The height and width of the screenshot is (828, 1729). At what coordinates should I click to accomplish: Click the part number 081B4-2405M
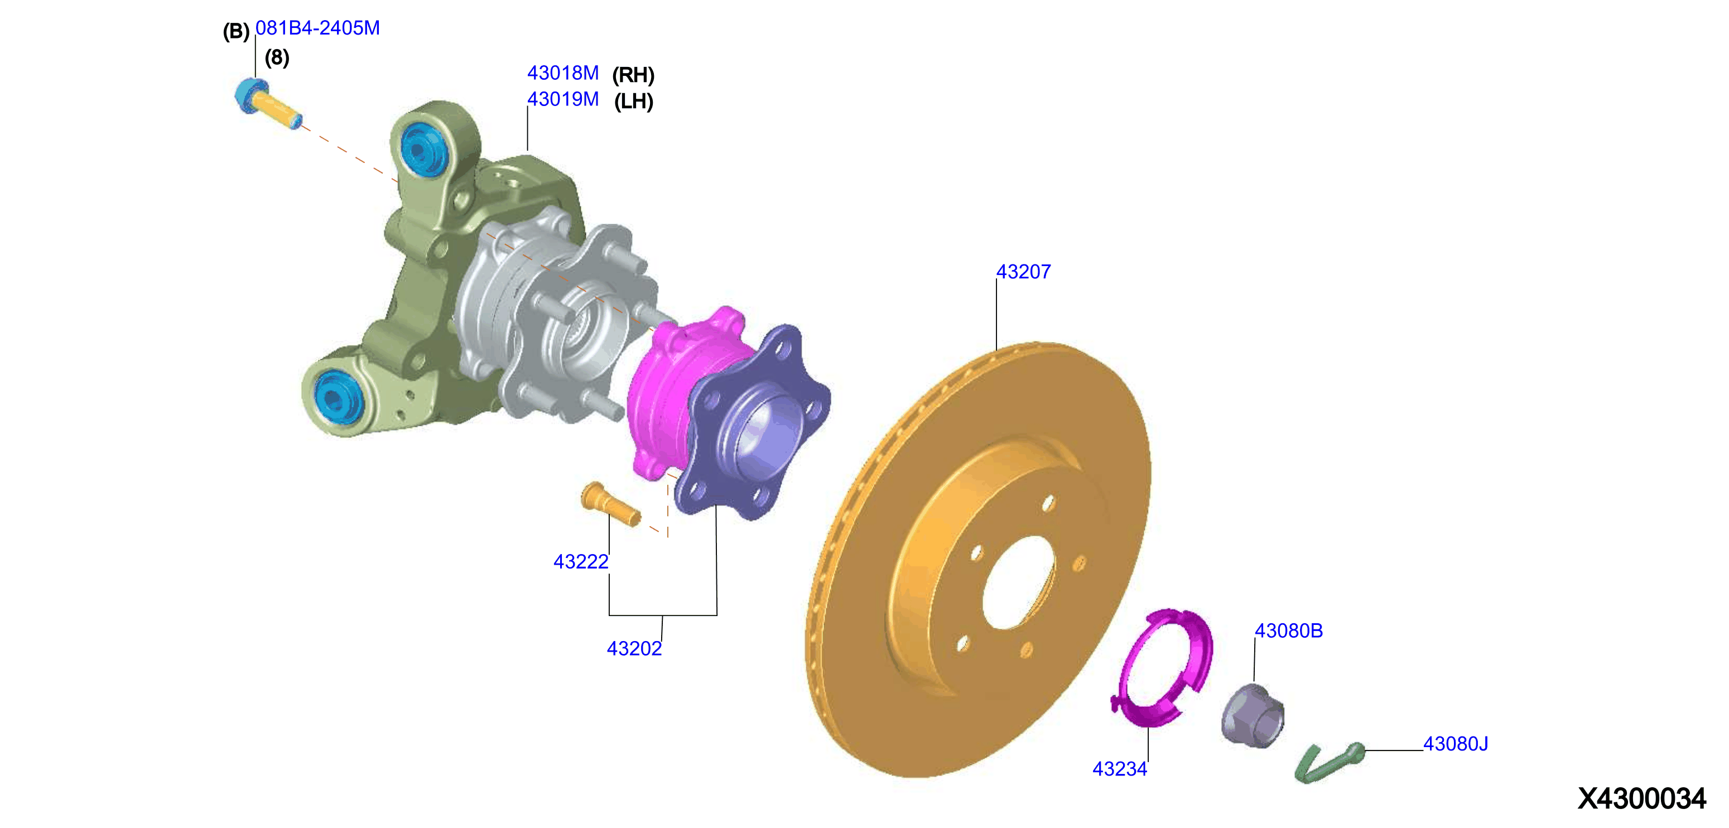(317, 28)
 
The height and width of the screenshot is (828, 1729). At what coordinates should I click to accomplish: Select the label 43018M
(562, 73)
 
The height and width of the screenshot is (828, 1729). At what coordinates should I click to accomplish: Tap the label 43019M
(562, 99)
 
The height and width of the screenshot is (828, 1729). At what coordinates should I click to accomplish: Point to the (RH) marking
(633, 74)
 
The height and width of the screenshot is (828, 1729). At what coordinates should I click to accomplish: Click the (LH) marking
(634, 102)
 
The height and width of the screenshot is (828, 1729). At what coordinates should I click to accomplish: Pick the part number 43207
(1023, 272)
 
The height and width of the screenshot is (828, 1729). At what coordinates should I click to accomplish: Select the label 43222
(581, 562)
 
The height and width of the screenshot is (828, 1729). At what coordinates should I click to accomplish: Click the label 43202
(634, 648)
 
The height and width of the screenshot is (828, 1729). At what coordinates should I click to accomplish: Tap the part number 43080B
(1289, 630)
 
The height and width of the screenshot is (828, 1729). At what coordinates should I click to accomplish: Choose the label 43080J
(1456, 743)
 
